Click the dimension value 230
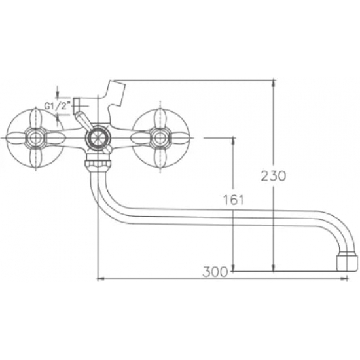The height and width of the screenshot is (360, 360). [274, 176]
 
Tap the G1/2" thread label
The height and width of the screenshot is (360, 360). [57, 105]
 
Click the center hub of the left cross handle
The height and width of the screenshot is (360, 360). [33, 138]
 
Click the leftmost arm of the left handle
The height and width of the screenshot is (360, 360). [13, 138]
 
